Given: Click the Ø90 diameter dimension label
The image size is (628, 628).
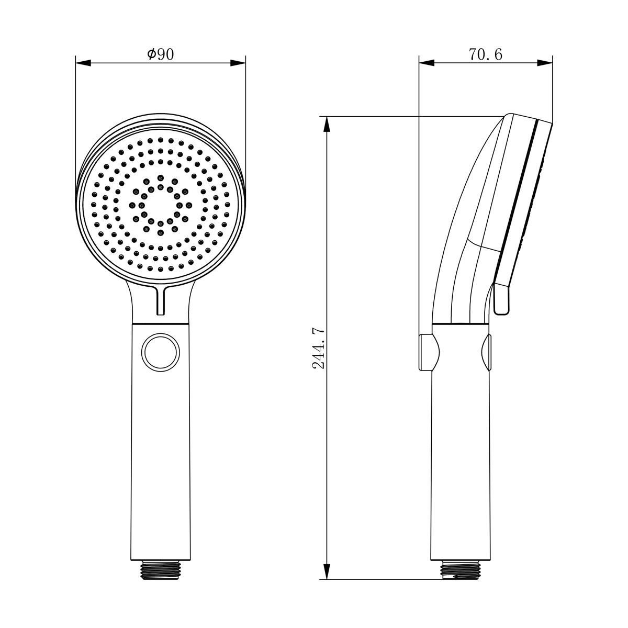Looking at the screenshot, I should pos(160,54).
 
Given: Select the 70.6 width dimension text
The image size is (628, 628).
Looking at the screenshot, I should pos(485,54).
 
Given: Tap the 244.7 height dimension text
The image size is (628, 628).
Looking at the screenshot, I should pos(319,349).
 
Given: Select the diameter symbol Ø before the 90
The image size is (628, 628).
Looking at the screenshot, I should pos(151,54).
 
